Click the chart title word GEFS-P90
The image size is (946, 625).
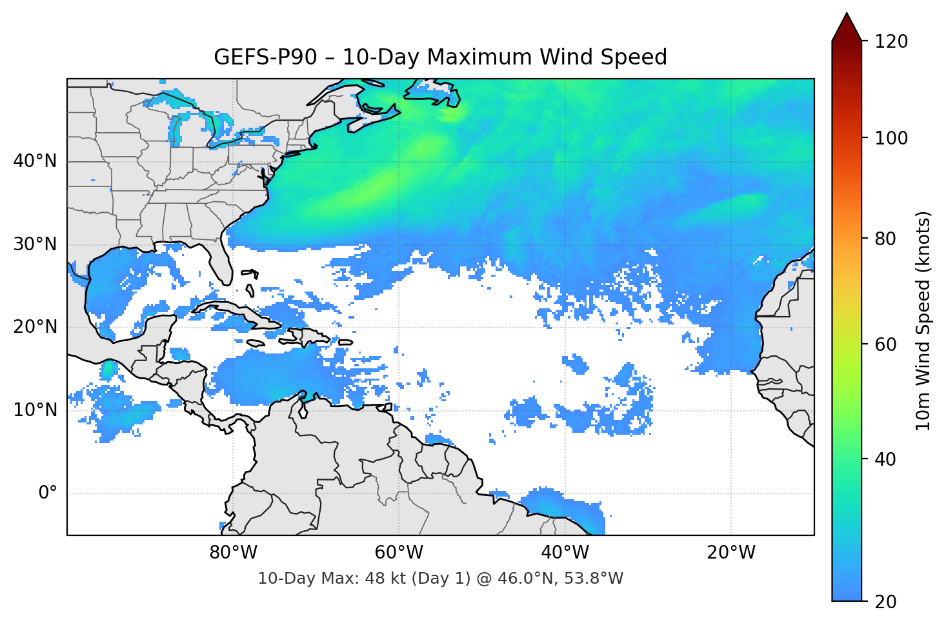[265, 57]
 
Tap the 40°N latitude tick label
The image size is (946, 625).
[35, 161]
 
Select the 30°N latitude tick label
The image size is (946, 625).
[35, 244]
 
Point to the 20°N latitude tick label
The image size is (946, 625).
[35, 327]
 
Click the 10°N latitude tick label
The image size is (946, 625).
[35, 410]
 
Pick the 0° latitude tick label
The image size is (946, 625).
[47, 493]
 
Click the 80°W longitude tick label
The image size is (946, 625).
[233, 553]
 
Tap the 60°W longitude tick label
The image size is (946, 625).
[399, 553]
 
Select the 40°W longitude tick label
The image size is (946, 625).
[565, 553]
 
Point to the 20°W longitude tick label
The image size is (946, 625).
[731, 553]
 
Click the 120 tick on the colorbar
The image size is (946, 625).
[891, 41]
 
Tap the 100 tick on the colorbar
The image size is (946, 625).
[891, 138]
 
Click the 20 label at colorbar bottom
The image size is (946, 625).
[886, 602]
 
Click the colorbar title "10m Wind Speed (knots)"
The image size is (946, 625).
[923, 321]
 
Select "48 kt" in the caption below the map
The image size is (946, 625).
[381, 579]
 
